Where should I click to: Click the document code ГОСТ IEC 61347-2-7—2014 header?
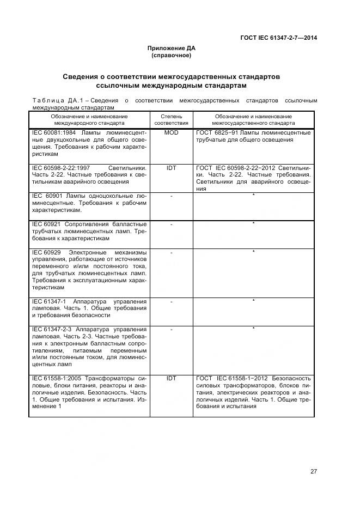pyautogui.click(x=279, y=38)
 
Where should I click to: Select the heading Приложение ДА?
pyautogui.click(x=171, y=48)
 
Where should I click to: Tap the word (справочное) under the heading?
pyautogui.click(x=171, y=56)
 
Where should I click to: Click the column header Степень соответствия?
pyautogui.click(x=171, y=120)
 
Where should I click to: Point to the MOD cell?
pyautogui.click(x=171, y=132)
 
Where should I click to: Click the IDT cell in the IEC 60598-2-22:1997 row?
pyautogui.click(x=171, y=168)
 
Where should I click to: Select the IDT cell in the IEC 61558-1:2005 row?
pyautogui.click(x=171, y=378)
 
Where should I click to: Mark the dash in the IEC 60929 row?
pyautogui.click(x=171, y=252)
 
